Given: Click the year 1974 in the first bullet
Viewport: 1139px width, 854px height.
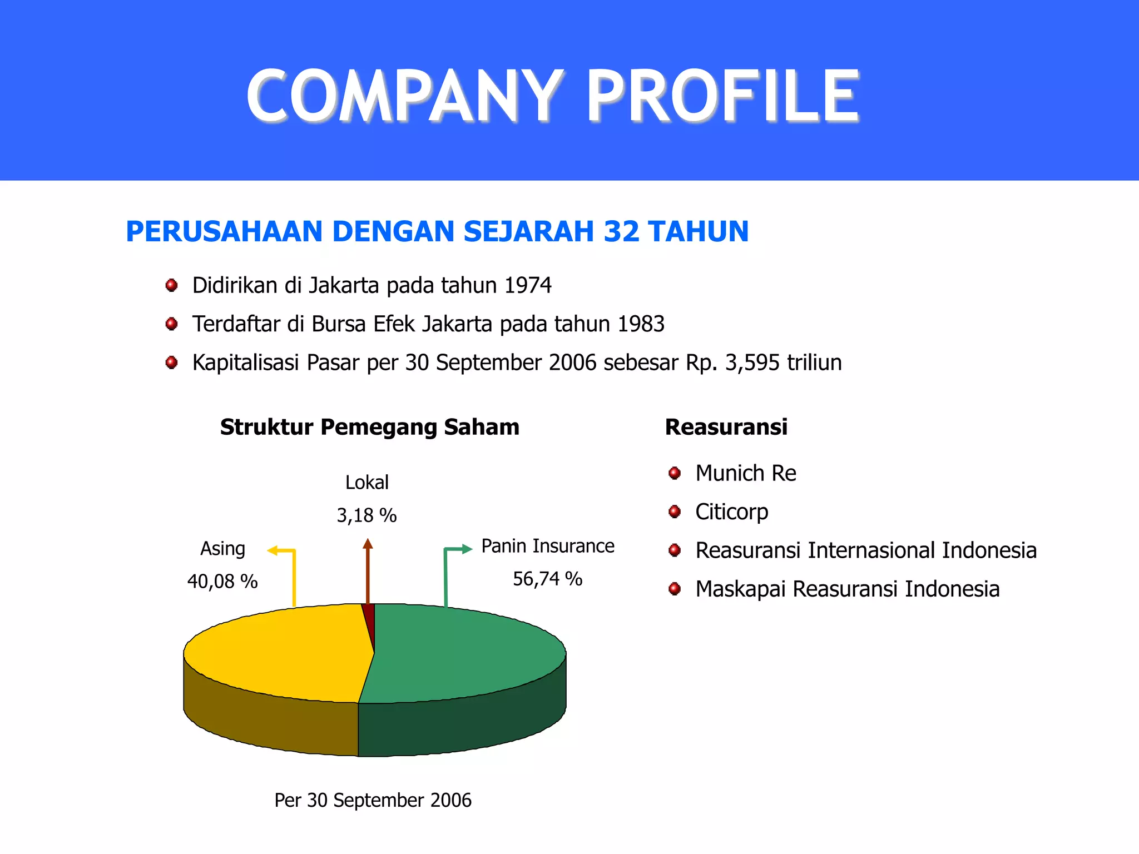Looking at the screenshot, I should click(528, 285).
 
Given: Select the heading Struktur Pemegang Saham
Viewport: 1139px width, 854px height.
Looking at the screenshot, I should click(369, 427).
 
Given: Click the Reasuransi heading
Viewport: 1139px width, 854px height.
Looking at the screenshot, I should click(726, 427).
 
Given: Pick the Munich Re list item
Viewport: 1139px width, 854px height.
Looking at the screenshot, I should click(745, 473).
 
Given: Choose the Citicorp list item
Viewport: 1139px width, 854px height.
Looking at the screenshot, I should click(731, 512).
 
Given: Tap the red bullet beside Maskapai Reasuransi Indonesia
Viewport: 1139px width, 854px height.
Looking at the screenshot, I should click(675, 589).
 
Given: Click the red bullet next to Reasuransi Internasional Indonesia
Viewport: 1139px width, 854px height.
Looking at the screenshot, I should click(675, 550).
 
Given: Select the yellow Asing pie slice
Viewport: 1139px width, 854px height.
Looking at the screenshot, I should click(278, 651).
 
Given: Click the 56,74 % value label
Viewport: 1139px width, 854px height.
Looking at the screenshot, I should click(547, 579).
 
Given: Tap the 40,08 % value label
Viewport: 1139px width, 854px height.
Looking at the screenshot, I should click(222, 582).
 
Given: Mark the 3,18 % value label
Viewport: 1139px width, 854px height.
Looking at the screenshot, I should click(367, 515).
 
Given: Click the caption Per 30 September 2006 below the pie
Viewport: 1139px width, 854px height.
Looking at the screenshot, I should click(373, 800).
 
